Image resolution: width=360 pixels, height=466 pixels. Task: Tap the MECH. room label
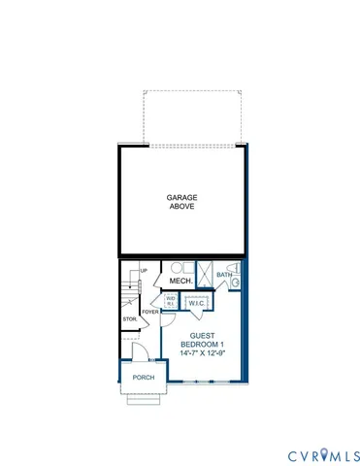[x=180, y=282]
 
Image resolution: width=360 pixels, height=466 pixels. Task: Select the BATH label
[x=224, y=276]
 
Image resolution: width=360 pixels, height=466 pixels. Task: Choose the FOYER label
[x=149, y=312]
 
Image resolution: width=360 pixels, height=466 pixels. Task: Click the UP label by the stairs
[x=144, y=270]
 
